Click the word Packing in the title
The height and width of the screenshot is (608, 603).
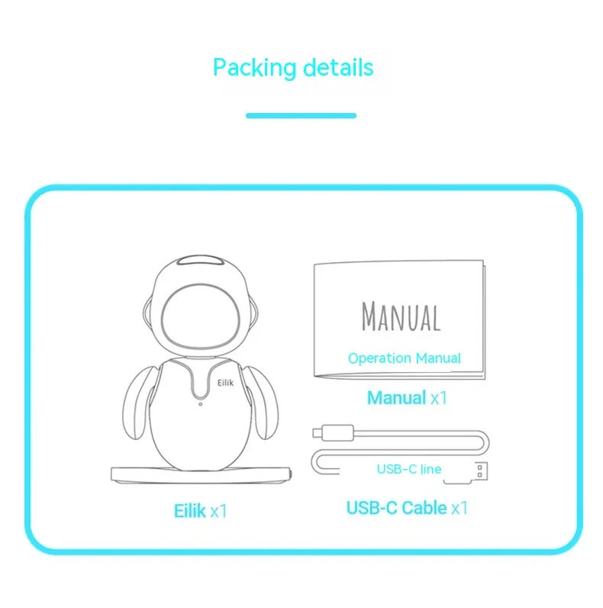(x=255, y=68)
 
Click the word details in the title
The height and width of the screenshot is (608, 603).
(x=338, y=67)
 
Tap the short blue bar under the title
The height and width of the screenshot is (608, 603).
(x=301, y=115)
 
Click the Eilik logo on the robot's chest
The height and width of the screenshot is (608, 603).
(x=225, y=383)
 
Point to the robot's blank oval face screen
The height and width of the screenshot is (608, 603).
(x=200, y=318)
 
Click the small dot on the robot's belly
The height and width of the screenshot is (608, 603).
(x=200, y=404)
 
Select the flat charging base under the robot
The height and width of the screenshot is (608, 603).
(x=202, y=475)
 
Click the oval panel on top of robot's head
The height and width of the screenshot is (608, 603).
(x=200, y=260)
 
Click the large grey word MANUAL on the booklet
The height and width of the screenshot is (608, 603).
(x=401, y=317)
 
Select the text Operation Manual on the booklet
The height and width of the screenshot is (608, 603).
(x=405, y=358)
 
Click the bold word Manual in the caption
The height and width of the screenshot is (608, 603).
(x=396, y=398)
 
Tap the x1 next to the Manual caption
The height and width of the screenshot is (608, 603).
(x=439, y=398)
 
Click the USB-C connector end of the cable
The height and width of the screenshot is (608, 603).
(x=334, y=432)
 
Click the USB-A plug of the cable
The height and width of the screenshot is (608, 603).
(x=480, y=471)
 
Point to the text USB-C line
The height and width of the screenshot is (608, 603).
(x=409, y=469)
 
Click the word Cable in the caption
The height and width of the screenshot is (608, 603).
(x=424, y=508)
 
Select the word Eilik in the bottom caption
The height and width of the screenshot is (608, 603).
(x=189, y=511)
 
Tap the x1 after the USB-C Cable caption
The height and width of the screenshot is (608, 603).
(x=460, y=509)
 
